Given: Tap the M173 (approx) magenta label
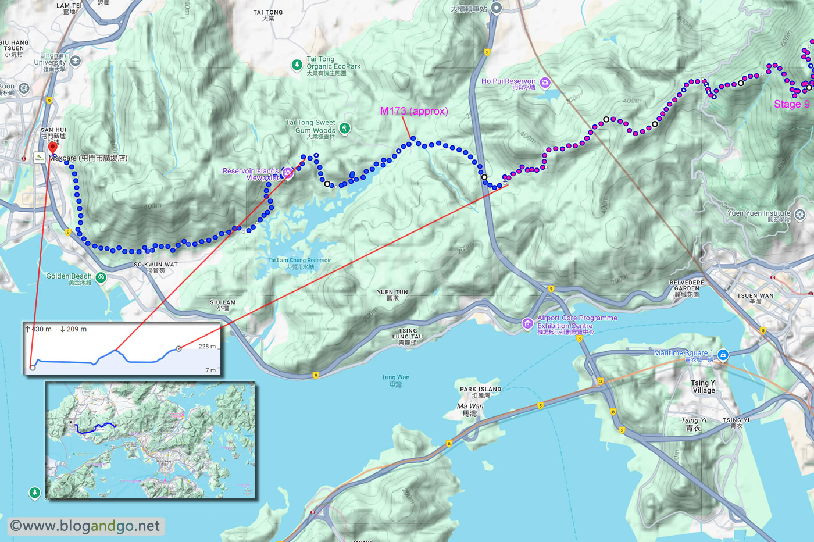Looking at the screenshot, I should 413,111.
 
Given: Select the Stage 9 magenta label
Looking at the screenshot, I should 791,104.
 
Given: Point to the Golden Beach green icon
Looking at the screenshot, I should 101,277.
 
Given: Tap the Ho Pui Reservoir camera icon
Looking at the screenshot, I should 545,83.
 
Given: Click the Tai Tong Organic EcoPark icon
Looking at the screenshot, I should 297,64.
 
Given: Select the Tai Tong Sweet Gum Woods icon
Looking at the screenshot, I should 345,128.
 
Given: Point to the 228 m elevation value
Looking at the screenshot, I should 207,347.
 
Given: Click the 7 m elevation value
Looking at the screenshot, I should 210,370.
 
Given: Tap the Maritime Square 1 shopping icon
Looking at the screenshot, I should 723,355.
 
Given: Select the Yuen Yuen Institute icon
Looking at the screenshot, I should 800,215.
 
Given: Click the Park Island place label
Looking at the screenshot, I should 480,392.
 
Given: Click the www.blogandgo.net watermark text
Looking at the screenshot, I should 86,526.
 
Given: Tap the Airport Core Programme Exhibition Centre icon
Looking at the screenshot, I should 527,323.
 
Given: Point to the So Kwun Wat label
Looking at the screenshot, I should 155,267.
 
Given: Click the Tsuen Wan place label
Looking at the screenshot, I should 755,298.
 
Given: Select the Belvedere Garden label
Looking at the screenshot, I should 687,288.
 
